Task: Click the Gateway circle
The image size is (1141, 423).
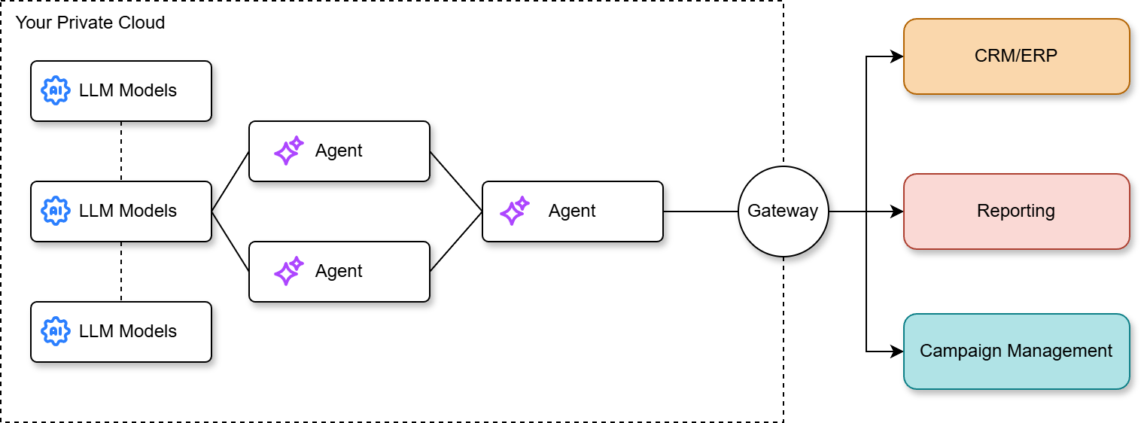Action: pyautogui.click(x=783, y=211)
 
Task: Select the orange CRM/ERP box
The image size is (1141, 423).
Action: pyautogui.click(x=1016, y=56)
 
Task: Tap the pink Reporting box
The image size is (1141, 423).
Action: pyautogui.click(x=1016, y=211)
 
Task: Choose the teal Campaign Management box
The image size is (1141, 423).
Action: pyautogui.click(x=1016, y=351)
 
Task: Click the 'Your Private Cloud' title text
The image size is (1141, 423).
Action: pyautogui.click(x=90, y=23)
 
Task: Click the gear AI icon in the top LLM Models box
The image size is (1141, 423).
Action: pyautogui.click(x=56, y=91)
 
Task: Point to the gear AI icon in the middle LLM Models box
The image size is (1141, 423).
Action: pyautogui.click(x=56, y=211)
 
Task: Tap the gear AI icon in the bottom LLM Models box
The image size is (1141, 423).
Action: pyautogui.click(x=56, y=332)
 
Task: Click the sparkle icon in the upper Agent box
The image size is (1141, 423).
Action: pyautogui.click(x=288, y=151)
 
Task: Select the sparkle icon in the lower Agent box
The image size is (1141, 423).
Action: pyautogui.click(x=288, y=271)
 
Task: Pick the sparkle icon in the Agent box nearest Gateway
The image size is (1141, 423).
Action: pyautogui.click(x=514, y=211)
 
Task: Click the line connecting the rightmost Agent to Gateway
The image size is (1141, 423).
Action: pyautogui.click(x=700, y=211)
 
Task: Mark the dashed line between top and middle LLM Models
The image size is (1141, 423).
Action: pyautogui.click(x=121, y=151)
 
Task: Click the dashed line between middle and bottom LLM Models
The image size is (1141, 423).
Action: pyautogui.click(x=121, y=271)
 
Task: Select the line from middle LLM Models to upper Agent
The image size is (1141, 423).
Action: pyautogui.click(x=230, y=181)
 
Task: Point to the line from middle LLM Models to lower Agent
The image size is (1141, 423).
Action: pyautogui.click(x=230, y=241)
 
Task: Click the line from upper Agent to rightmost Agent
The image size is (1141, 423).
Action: pyautogui.click(x=456, y=181)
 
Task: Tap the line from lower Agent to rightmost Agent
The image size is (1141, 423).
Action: pyautogui.click(x=456, y=241)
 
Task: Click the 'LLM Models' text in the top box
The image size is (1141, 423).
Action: pyautogui.click(x=128, y=91)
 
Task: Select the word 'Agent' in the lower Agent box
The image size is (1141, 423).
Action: pyautogui.click(x=339, y=271)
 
